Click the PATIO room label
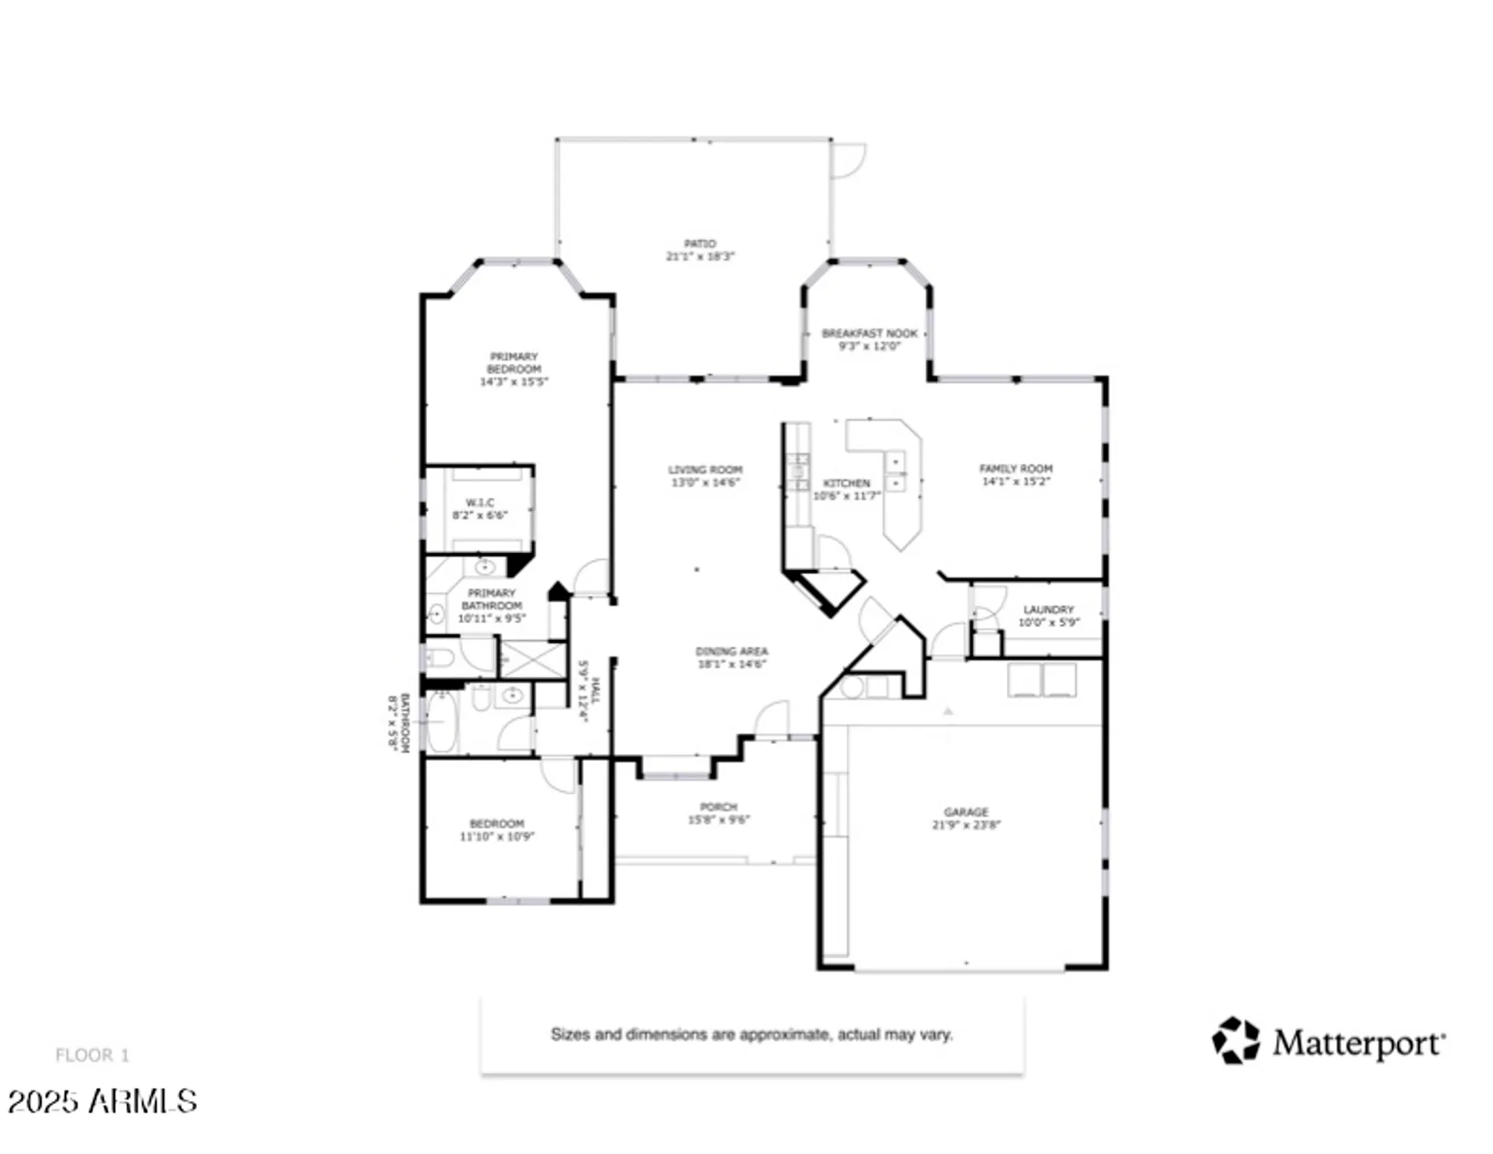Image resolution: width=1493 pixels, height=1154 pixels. pos(699,243)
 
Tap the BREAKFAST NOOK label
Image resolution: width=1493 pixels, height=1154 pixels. pos(869,333)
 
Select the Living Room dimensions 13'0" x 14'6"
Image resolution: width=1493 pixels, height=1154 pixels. pos(705,482)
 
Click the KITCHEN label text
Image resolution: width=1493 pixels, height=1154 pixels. pos(846,482)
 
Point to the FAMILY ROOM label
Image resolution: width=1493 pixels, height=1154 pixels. pos(1015,468)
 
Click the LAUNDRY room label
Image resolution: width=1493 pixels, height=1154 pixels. pos(1048,609)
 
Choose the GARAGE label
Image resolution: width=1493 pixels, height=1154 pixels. pos(965,812)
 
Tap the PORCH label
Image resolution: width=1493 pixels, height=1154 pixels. pos(718,806)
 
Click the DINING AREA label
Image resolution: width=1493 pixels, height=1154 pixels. pos(731,651)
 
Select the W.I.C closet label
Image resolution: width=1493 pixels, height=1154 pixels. pos(480,502)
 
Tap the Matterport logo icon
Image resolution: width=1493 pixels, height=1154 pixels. pos(1235,1041)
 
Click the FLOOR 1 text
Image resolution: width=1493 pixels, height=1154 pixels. pos(92,1055)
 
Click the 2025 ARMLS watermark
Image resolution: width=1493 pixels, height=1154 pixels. pos(102,1101)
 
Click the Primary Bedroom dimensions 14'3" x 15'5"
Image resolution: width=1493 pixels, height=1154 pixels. pos(514,382)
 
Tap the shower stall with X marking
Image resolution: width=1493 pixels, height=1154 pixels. pos(533,660)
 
